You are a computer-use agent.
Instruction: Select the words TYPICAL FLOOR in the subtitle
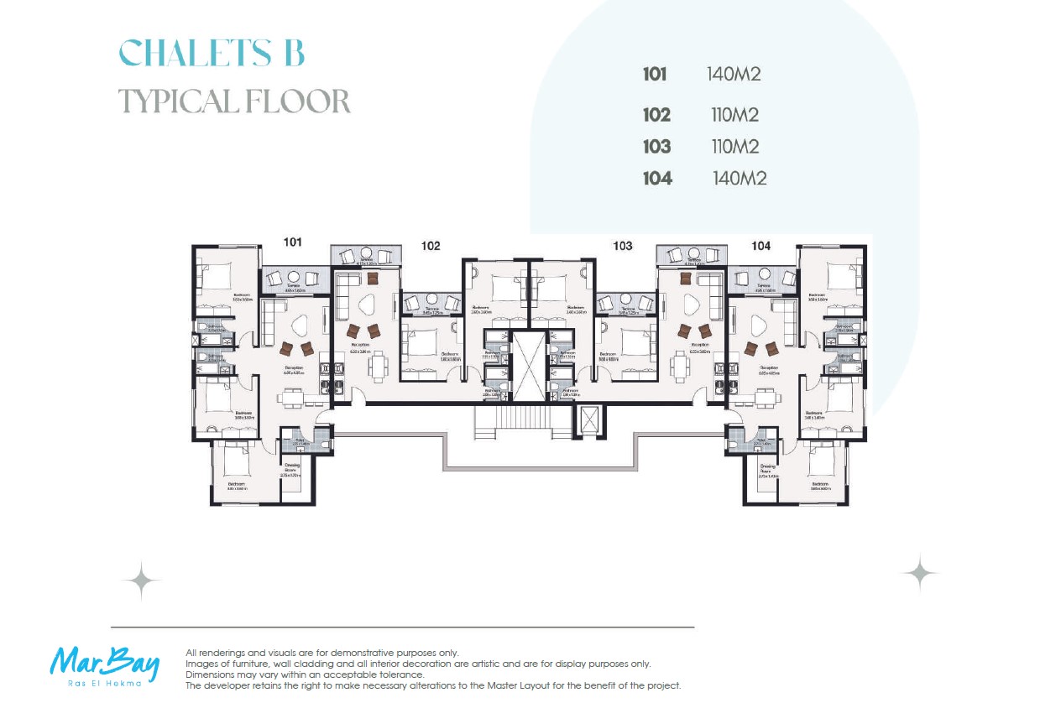[x=233, y=102]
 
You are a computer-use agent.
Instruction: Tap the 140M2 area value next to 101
[x=734, y=74]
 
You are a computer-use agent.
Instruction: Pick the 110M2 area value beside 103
[x=734, y=147]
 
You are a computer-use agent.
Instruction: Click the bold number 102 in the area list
[x=656, y=115]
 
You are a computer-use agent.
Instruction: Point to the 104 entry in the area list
[x=657, y=178]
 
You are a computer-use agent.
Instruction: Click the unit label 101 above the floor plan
[x=292, y=242]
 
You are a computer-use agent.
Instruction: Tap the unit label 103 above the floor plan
[x=622, y=246]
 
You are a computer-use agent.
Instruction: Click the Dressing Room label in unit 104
[x=768, y=467]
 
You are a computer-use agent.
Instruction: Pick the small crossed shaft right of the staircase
[x=590, y=419]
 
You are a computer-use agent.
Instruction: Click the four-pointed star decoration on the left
[x=141, y=581]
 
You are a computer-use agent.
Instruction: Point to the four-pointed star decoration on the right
[x=920, y=574]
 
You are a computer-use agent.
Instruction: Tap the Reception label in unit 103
[x=699, y=345]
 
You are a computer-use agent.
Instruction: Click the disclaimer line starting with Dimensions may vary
[x=305, y=675]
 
